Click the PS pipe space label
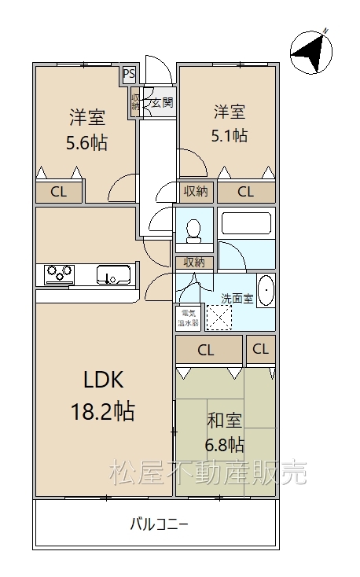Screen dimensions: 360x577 129,75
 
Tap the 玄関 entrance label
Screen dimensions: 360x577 163,102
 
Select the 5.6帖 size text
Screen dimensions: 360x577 87,142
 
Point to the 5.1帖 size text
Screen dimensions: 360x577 229,136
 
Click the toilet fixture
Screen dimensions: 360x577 194,231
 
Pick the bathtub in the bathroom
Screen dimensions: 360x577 246,223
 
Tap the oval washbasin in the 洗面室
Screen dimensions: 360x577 266,291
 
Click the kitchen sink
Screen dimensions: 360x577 114,275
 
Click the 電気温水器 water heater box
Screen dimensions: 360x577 189,318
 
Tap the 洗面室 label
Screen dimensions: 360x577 237,298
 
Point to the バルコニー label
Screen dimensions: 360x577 160,524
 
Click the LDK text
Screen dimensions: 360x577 104,380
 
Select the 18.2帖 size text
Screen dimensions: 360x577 103,411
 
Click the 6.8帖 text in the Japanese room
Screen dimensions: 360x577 224,445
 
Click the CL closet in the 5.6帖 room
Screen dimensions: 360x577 59,192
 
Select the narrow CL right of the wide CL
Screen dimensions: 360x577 261,349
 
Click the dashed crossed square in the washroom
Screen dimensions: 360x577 219,318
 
